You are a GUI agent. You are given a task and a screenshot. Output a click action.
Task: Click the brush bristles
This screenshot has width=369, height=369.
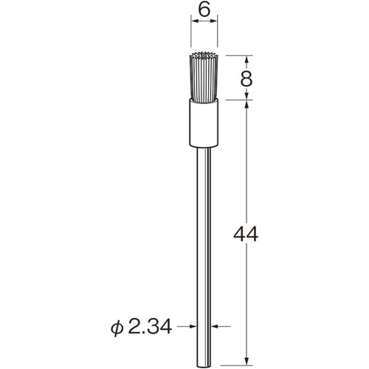[x=205, y=77]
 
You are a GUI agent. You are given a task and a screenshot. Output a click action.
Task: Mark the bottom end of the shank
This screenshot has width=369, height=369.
[x=205, y=362]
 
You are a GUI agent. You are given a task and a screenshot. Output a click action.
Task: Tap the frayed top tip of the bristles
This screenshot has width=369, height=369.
[x=205, y=55]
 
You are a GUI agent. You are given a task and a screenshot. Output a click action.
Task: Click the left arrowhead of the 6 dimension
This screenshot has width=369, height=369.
[x=196, y=23]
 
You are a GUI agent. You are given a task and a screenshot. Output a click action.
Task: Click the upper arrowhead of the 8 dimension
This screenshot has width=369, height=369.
[x=246, y=58]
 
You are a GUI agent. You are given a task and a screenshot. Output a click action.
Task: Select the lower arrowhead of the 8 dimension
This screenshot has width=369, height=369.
[x=246, y=97]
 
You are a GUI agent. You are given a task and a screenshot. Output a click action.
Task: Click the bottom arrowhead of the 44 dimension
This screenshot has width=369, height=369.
[x=246, y=359]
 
